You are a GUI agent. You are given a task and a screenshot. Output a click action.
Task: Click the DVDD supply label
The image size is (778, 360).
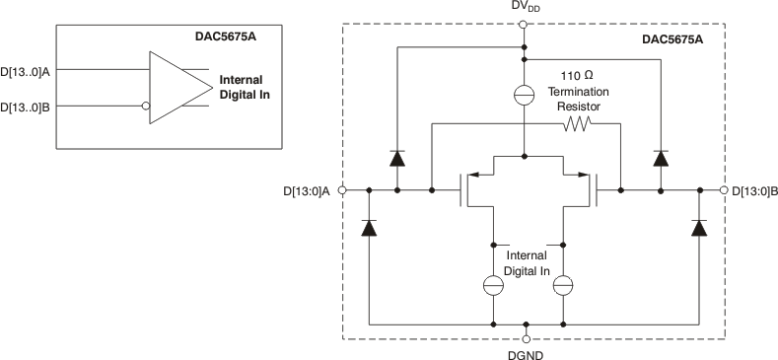click(526, 8)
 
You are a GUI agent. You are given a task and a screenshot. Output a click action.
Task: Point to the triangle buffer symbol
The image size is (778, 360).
click(178, 87)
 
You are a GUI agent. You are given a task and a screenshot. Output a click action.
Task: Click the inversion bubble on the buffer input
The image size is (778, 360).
click(145, 106)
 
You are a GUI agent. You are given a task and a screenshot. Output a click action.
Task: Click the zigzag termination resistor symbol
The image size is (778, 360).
click(576, 124)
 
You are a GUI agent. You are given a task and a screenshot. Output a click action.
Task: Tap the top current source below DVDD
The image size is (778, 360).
click(526, 97)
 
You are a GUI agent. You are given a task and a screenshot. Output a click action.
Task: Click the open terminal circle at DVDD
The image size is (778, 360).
click(526, 24)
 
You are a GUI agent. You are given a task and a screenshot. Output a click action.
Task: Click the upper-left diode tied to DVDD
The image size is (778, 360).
click(396, 157)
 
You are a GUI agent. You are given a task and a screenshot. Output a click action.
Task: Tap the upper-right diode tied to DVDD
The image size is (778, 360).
click(659, 157)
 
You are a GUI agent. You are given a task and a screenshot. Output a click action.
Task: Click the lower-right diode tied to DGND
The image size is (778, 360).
click(700, 227)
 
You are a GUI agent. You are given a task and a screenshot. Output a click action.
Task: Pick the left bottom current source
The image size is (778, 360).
click(492, 285)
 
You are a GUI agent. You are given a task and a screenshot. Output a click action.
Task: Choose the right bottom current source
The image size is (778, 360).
click(563, 285)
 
